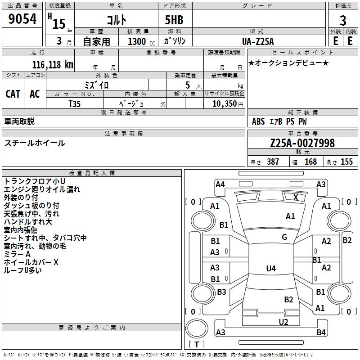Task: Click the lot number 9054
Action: (22, 19)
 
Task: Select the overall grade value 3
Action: (343, 20)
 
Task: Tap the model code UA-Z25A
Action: (258, 41)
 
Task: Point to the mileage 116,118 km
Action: (53, 65)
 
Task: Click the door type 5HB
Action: (174, 20)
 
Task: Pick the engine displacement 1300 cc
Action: (141, 41)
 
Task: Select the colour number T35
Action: (74, 104)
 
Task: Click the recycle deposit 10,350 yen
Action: (228, 104)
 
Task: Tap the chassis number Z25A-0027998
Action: (302, 143)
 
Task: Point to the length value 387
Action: (273, 162)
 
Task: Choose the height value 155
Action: (346, 162)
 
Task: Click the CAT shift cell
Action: (13, 94)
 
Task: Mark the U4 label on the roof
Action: (271, 268)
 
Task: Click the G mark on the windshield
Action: (284, 237)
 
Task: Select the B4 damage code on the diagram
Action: (321, 332)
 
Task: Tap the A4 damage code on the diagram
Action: (220, 184)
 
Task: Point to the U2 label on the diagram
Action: (283, 322)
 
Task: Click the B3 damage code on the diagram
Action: (221, 292)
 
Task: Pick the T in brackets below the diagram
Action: (197, 344)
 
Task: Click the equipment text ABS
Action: (258, 121)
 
